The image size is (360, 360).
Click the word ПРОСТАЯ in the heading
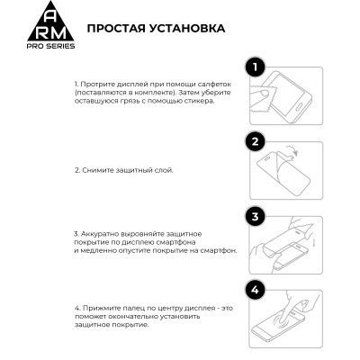pos(116,28)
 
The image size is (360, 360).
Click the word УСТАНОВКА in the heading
pos(186,28)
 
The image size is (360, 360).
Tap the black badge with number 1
pos(255,67)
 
